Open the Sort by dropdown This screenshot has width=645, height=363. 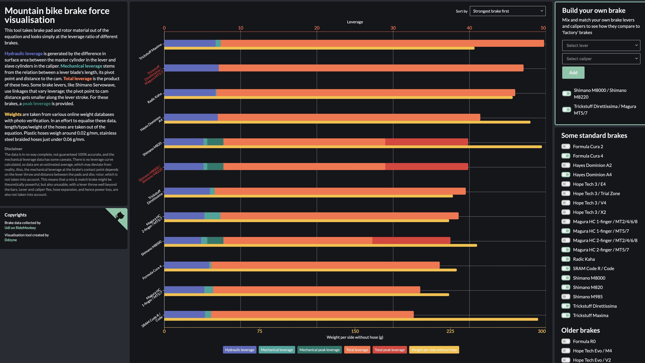[507, 11]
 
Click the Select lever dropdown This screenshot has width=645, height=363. [601, 45]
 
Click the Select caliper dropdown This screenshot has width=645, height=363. [601, 59]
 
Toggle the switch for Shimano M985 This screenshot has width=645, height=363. [566, 297]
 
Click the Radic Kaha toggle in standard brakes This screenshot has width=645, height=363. [566, 259]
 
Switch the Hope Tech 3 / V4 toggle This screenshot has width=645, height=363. [566, 203]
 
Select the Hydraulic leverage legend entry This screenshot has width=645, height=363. [239, 350]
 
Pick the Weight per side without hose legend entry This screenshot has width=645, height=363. [434, 350]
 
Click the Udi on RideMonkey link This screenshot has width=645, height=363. [20, 228]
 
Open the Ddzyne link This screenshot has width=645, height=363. [10, 240]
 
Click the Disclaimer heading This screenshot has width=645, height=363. [13, 149]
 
